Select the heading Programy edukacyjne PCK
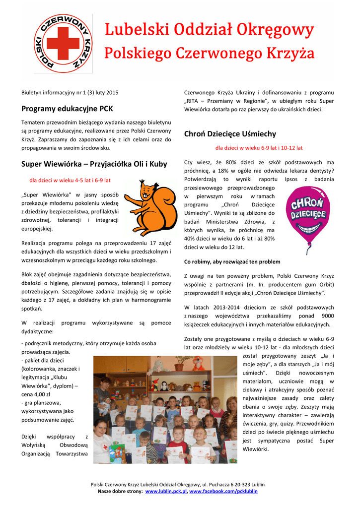tap(67, 108)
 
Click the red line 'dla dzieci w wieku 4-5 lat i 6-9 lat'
tap(70, 180)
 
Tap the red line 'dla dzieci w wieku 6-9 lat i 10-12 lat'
tap(259, 148)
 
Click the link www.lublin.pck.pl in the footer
tap(165, 491)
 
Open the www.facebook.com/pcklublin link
tap(223, 491)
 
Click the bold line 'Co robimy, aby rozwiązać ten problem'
tap(232, 261)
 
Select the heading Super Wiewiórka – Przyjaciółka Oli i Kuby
tap(94, 164)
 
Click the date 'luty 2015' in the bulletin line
tap(107, 93)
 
